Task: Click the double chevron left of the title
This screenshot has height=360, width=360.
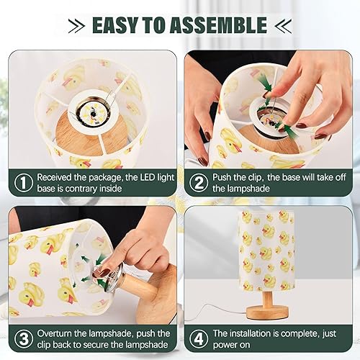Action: (x=76, y=26)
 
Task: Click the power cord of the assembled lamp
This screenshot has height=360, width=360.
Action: (x=216, y=315)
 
